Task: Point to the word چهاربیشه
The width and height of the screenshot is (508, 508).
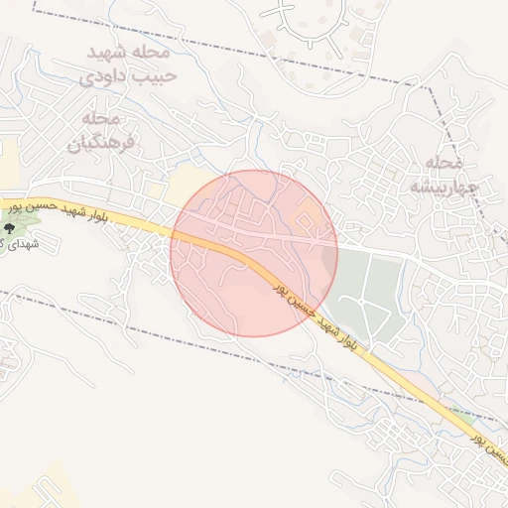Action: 444,186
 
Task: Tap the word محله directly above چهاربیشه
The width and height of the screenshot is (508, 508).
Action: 444,161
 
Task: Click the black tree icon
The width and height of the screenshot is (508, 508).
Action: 10,228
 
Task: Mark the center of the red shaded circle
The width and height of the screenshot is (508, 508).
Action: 254,253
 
